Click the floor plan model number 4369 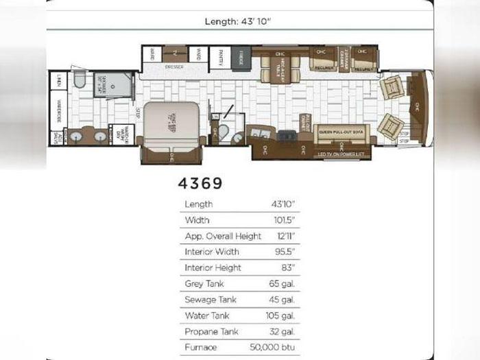[200, 183]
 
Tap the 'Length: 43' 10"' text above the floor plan [239, 21]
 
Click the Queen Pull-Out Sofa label [341, 128]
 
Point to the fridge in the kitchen [241, 58]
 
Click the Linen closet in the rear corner [58, 80]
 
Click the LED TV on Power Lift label [341, 154]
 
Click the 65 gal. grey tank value [283, 283]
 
